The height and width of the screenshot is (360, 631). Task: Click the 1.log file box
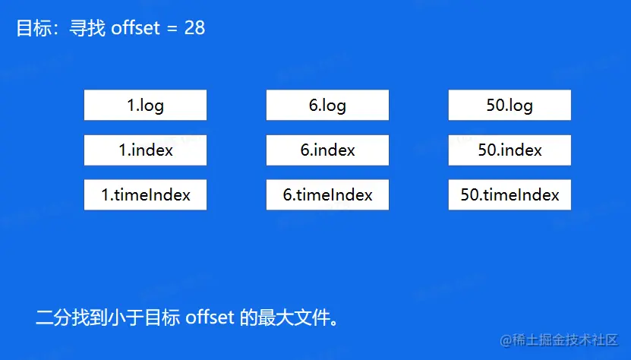coord(145,105)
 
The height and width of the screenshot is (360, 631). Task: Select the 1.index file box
coord(145,150)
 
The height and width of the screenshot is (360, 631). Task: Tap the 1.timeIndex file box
coord(145,195)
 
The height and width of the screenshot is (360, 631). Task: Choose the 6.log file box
coord(327,105)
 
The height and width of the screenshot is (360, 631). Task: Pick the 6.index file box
coord(327,150)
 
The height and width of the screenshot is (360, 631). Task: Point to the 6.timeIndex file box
coord(327,195)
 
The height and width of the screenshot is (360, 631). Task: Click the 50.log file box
coord(510,105)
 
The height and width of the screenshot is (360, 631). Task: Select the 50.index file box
coord(510,150)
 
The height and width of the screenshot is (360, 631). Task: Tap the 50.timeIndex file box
coord(510,195)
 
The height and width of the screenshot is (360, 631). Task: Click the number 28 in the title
coord(195,28)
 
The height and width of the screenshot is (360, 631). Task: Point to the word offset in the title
coord(136,28)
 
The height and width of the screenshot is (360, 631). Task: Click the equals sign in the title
coord(172,29)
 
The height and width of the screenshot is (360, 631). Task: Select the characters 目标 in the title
coord(34,28)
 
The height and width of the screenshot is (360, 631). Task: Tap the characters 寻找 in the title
coord(87,28)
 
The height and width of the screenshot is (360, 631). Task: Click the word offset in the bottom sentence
coord(210,317)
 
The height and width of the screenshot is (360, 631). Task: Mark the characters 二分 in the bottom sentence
coord(53,317)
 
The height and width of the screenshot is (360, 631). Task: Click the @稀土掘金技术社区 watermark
coord(560,340)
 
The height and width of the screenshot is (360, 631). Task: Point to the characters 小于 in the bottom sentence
coord(126,317)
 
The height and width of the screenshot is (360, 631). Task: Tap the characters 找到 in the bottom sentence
coord(90,317)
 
